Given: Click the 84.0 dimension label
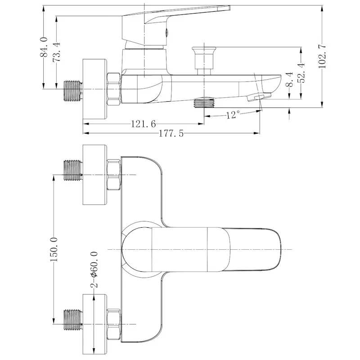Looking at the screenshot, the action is [x=44, y=47].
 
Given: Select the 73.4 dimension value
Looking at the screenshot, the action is [x=56, y=52].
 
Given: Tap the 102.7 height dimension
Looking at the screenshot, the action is [x=322, y=56].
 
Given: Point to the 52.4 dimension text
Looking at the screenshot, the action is [x=301, y=72].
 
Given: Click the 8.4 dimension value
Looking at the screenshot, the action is [x=290, y=79].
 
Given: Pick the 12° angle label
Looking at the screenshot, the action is [x=233, y=115].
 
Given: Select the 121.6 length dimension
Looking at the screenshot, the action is [x=143, y=124].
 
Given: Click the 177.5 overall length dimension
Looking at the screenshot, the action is [x=171, y=133].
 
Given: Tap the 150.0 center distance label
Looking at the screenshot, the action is [x=54, y=250].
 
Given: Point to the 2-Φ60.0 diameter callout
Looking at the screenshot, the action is [x=94, y=270].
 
